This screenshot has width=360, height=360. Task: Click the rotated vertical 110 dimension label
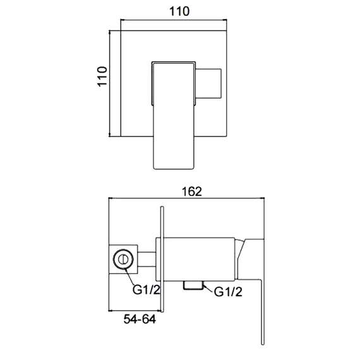[x=102, y=82]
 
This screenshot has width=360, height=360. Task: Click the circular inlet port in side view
[x=124, y=259]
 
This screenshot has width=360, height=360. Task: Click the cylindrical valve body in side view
[x=202, y=258]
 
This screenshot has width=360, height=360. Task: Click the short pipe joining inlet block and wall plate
[x=147, y=259]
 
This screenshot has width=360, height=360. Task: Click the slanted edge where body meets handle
[x=241, y=253]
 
